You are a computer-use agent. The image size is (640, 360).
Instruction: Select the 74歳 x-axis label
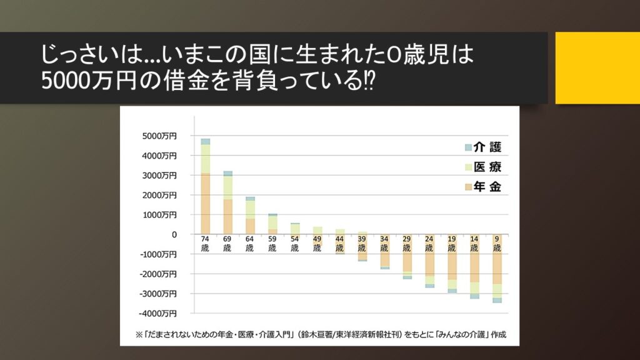pyautogui.click(x=205, y=244)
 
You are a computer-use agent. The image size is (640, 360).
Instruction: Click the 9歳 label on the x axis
pyautogui.click(x=497, y=244)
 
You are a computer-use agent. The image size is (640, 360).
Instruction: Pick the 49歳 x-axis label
pyautogui.click(x=317, y=244)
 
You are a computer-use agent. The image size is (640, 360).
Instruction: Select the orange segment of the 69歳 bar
pyautogui.click(x=227, y=216)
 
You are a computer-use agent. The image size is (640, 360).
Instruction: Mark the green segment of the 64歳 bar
pyautogui.click(x=250, y=209)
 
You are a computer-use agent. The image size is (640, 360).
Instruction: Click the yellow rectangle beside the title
pyautogui.click(x=597, y=68)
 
